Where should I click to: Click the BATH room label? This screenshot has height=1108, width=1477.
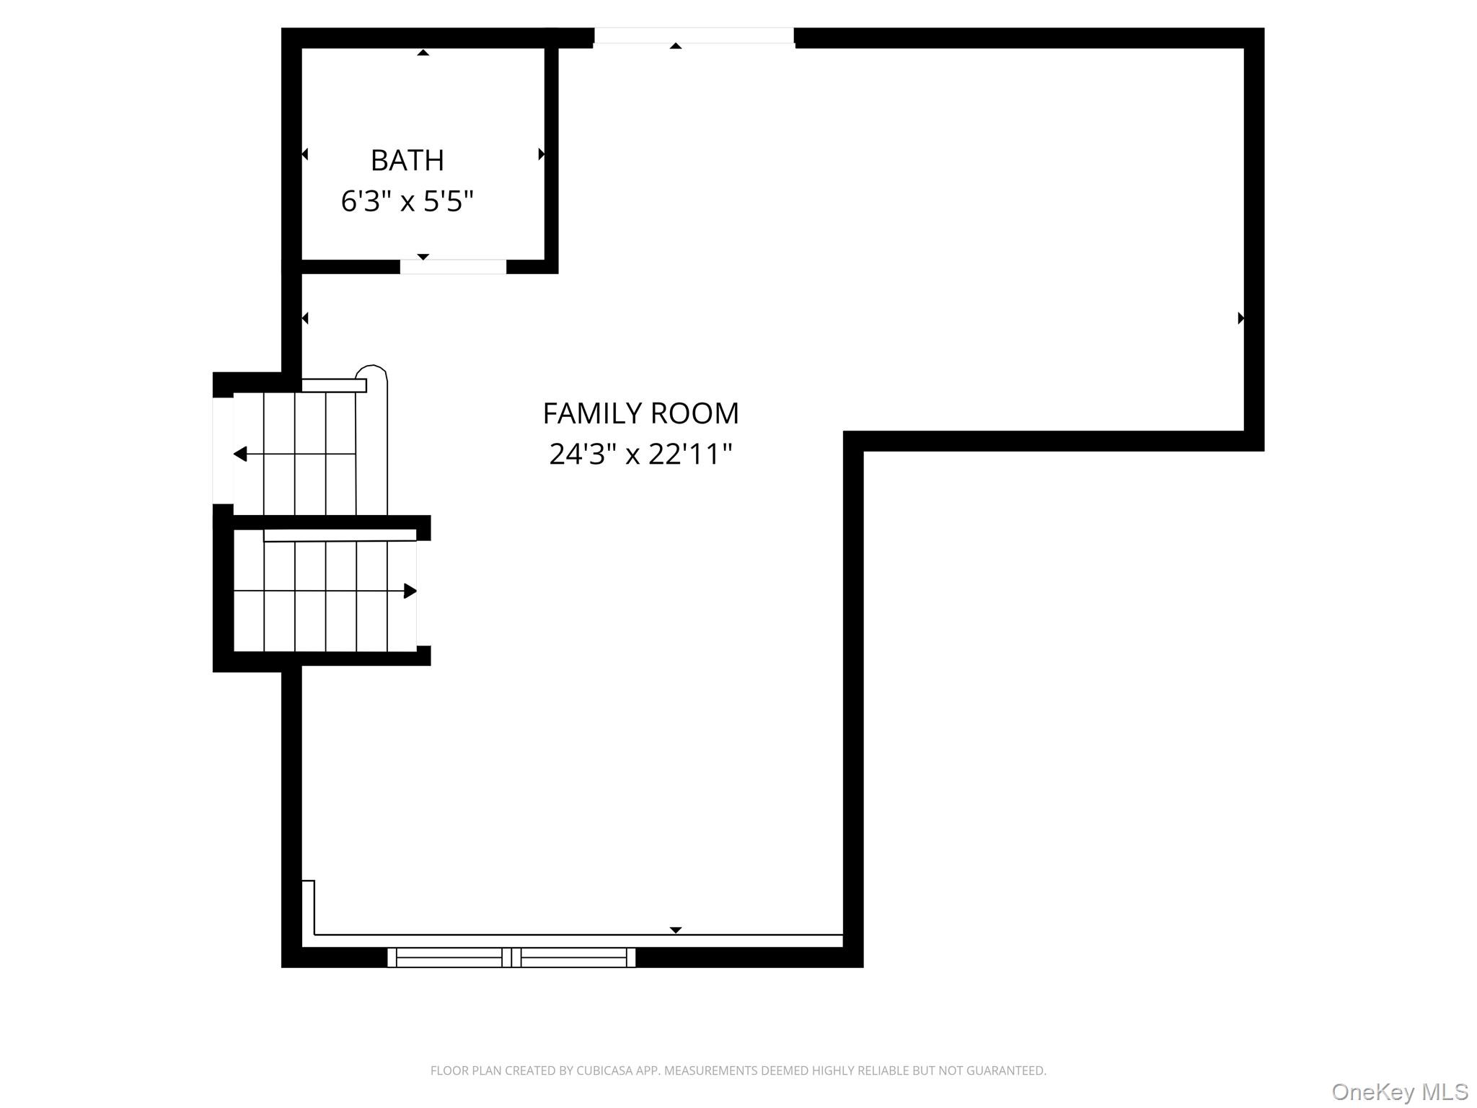[x=407, y=160]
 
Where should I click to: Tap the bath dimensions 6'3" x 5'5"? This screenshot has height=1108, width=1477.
[x=407, y=201]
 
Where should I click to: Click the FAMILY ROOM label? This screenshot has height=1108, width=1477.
[x=640, y=413]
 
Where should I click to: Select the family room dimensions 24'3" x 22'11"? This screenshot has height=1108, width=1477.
[x=640, y=454]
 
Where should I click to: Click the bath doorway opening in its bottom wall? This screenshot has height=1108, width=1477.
[x=453, y=267]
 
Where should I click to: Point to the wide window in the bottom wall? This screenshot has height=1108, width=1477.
[x=511, y=957]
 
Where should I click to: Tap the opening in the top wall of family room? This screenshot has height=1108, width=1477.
[x=694, y=36]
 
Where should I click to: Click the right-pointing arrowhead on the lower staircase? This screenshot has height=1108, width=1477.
[x=410, y=591]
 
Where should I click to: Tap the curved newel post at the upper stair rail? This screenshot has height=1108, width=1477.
[x=372, y=372]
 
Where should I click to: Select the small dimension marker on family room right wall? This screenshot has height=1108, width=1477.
[x=1240, y=318]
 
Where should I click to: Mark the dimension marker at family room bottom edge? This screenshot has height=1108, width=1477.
[x=675, y=930]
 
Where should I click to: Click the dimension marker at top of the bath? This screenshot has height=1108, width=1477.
[x=423, y=53]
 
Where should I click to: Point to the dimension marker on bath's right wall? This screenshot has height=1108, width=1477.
[x=541, y=154]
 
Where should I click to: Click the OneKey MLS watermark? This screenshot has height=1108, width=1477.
[x=1399, y=1091]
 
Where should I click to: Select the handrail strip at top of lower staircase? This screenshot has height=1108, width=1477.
[x=340, y=535]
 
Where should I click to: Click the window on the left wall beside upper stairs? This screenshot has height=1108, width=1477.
[x=222, y=450]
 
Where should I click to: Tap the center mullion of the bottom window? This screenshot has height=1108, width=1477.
[x=511, y=957]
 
